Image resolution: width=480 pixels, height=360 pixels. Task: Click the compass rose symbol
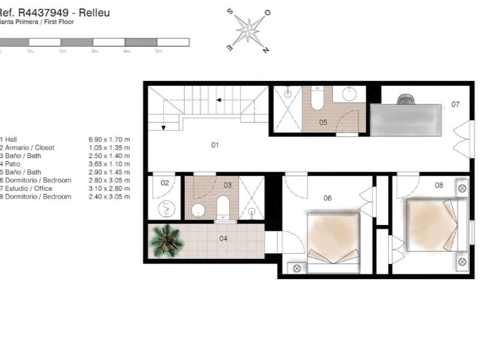(x=248, y=31)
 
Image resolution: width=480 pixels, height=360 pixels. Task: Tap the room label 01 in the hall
(x=215, y=145)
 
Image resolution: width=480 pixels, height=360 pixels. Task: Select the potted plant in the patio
(x=166, y=239)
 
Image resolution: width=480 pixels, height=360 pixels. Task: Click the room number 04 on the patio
(x=223, y=238)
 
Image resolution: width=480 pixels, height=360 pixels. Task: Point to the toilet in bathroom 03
(x=223, y=206)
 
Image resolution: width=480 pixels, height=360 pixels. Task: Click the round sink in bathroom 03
(x=199, y=209)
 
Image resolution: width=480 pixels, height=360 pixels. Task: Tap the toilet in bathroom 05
(x=317, y=98)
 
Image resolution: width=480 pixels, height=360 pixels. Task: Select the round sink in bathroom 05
(x=350, y=94)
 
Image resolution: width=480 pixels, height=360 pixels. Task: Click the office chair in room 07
(x=406, y=99)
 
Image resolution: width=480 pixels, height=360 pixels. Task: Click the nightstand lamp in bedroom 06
(x=296, y=268)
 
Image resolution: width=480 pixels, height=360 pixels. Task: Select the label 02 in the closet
(x=164, y=182)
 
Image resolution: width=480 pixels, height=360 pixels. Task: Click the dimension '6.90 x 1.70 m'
(x=109, y=139)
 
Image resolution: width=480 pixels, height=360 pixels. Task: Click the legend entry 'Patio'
(x=12, y=164)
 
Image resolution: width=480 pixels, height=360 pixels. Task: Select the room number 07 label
(x=455, y=104)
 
